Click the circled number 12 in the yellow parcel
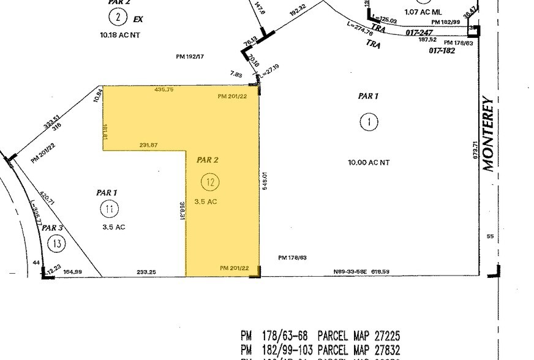[x=211, y=182]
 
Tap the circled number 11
[x=109, y=209]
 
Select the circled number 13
[x=57, y=244]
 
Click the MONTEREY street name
[x=488, y=133]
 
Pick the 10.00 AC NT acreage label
[x=369, y=162]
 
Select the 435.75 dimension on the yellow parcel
[x=164, y=89]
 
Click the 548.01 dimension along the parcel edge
[x=265, y=181]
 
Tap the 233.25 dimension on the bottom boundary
[x=146, y=271]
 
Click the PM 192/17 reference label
[x=190, y=56]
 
